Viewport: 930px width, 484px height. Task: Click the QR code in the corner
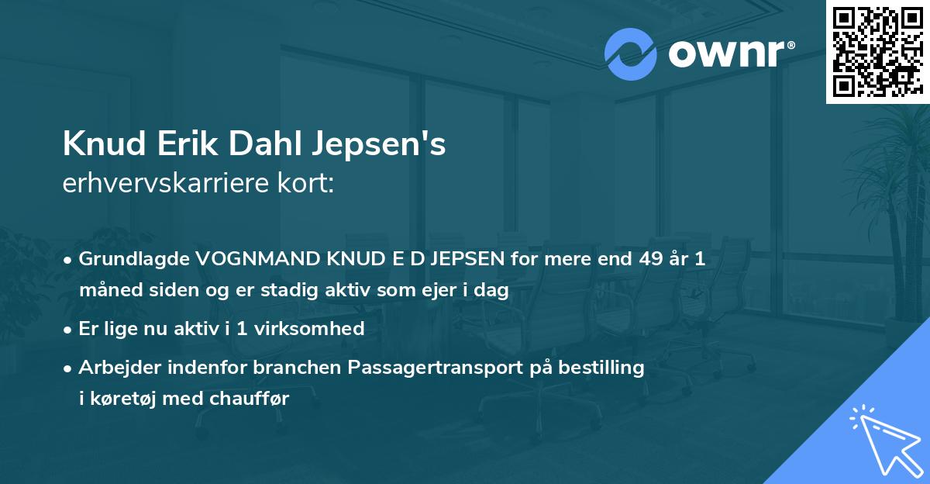point(877,52)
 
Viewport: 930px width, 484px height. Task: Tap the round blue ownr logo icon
point(631,54)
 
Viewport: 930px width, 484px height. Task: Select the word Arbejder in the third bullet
point(115,368)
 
